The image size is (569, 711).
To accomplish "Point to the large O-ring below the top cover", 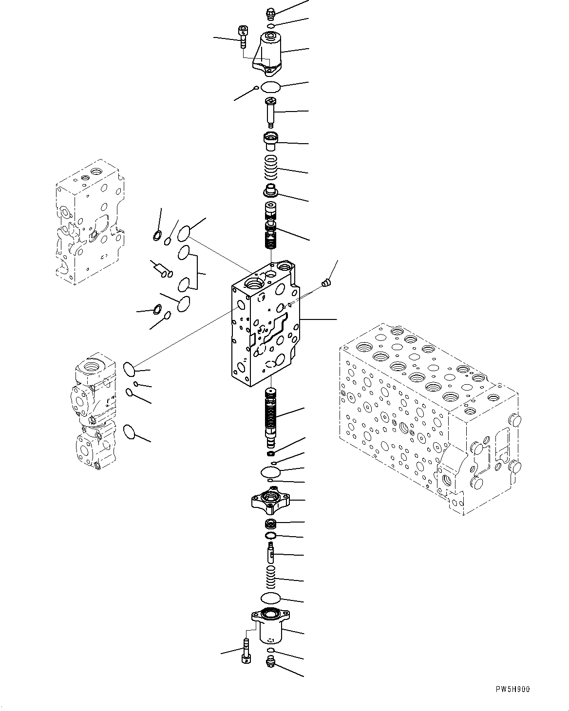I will tap(271, 88).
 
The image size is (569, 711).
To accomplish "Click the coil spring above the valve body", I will tap(271, 168).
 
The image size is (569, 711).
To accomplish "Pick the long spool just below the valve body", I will tap(271, 417).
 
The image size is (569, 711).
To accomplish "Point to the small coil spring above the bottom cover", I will tap(271, 578).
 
